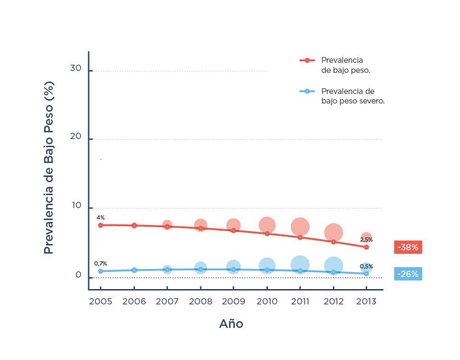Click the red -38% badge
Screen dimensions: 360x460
[408, 247]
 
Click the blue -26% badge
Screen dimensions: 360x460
[408, 274]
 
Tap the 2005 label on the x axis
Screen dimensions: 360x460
[101, 302]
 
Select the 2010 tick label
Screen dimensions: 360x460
[267, 302]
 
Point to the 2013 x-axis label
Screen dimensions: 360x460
[366, 302]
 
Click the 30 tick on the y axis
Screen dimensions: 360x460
[76, 69]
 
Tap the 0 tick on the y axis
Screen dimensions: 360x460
[78, 275]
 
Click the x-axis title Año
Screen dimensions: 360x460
[231, 324]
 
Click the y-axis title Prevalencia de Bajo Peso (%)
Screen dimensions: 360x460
[49, 168]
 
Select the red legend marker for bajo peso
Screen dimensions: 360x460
[307, 60]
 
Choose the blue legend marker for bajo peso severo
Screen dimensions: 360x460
[307, 91]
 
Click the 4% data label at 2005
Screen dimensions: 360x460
[101, 217]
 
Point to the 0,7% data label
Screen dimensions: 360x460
[101, 263]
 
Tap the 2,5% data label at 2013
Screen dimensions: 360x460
[366, 239]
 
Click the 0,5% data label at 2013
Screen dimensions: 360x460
[366, 266]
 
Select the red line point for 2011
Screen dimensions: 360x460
[300, 237]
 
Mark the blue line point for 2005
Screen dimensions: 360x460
[101, 271]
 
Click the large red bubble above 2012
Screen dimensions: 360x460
[333, 232]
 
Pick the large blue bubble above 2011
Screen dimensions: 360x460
[300, 264]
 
